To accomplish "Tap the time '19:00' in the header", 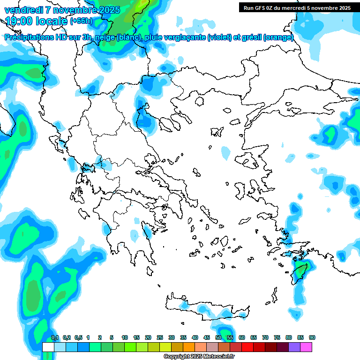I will (x=22, y=21).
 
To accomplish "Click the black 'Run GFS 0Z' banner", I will (x=297, y=7).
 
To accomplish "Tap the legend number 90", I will (x=312, y=337).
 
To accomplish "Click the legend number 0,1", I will (x=54, y=337).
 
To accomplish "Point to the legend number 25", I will (x=160, y=337).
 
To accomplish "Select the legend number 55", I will (x=230, y=337).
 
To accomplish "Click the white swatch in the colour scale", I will (x=48, y=347).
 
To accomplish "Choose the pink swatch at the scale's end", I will (x=306, y=347).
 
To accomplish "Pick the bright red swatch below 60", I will (x=247, y=347).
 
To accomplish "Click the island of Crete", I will (x=206, y=307).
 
